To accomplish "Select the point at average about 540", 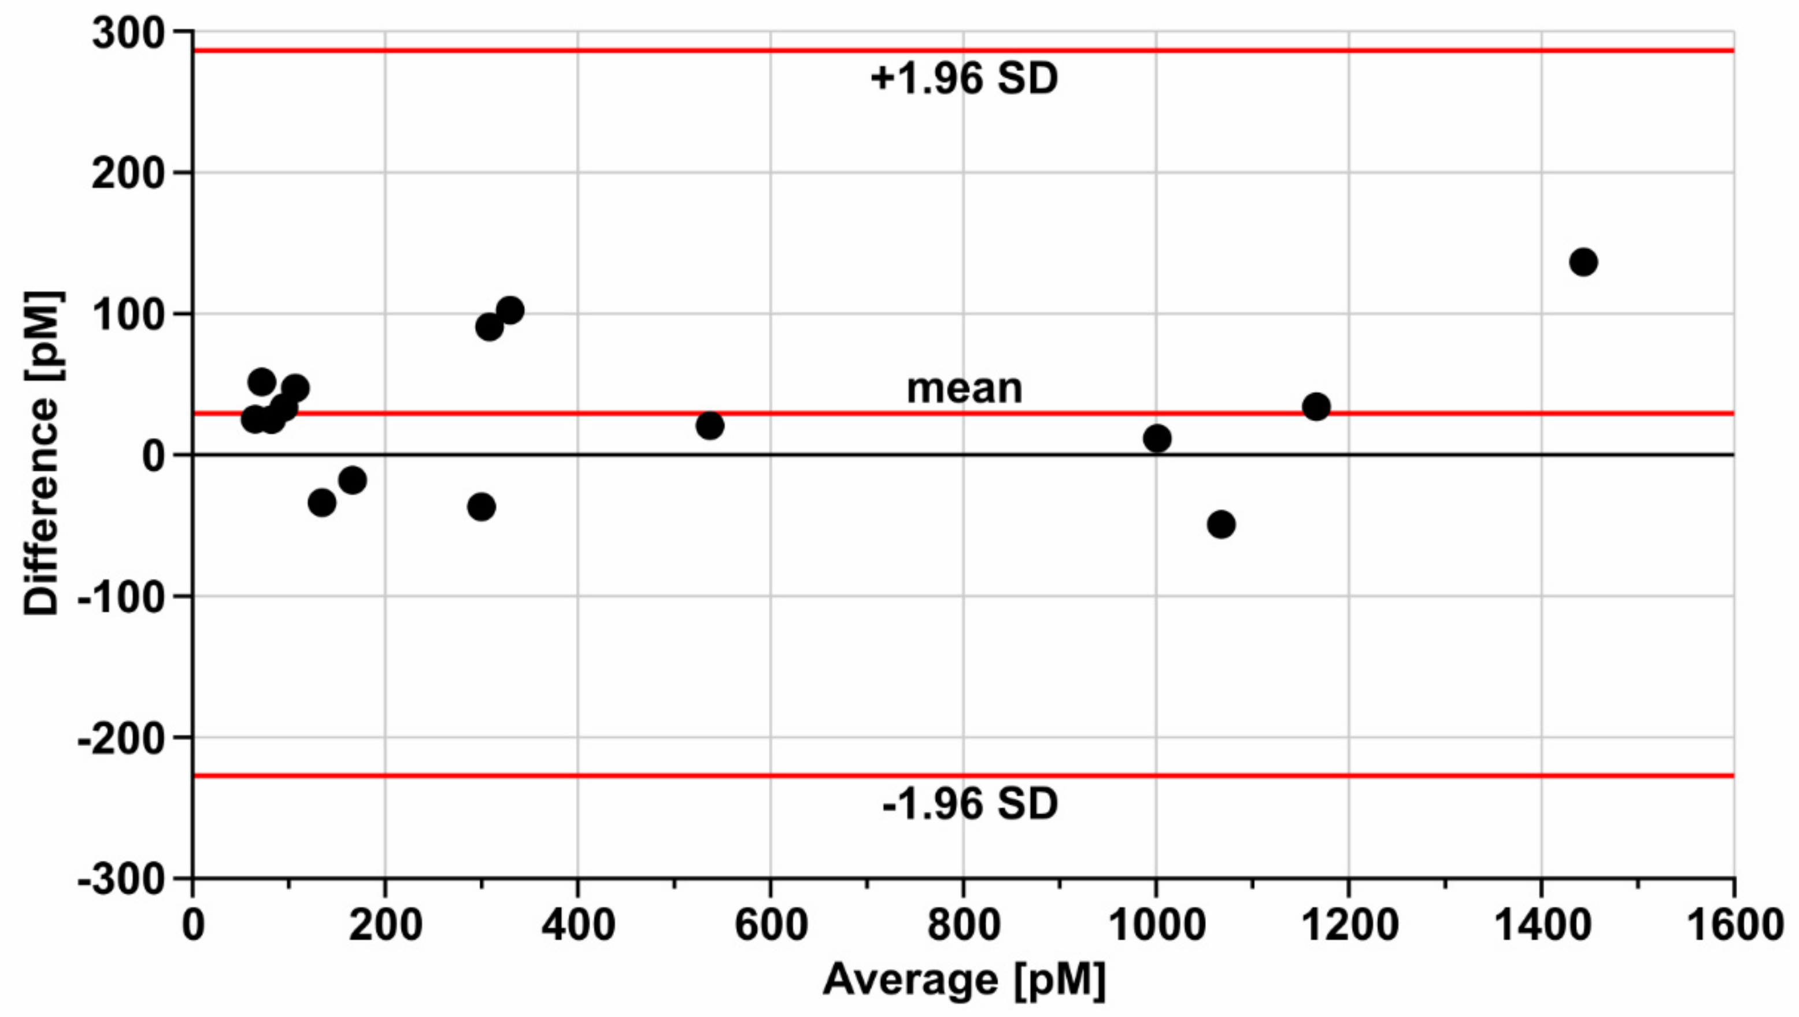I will click(x=710, y=425).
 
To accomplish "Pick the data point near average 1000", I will click(x=1157, y=439).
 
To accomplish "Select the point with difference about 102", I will click(x=510, y=310).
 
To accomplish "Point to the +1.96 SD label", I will click(x=964, y=79).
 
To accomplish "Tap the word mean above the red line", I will click(x=964, y=388).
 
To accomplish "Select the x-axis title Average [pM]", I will click(x=964, y=980).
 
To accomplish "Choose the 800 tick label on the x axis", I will click(x=964, y=926).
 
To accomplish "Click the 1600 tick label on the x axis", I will click(x=1735, y=926).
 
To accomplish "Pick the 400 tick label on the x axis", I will click(x=578, y=926).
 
